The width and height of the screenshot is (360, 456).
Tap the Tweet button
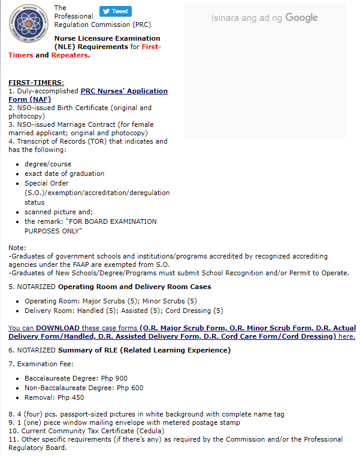pyautogui.click(x=116, y=11)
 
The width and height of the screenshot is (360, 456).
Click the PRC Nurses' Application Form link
pyautogui.click(x=124, y=91)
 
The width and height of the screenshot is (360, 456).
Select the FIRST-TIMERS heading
pyautogui.click(x=36, y=83)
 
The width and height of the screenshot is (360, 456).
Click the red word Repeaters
pyautogui.click(x=69, y=55)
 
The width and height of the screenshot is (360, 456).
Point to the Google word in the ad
pyautogui.click(x=301, y=18)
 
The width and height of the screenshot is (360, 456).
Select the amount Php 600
pyautogui.click(x=130, y=388)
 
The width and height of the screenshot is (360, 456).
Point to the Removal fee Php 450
pyautogui.click(x=70, y=397)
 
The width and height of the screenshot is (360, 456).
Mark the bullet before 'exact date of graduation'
pyautogui.click(x=17, y=174)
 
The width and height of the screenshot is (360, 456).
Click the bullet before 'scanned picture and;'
pyautogui.click(x=17, y=212)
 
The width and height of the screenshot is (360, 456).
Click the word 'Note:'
pyautogui.click(x=17, y=247)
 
